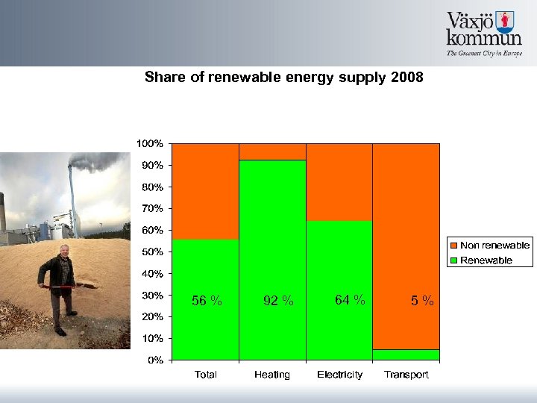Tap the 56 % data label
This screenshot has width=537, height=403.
click(207, 301)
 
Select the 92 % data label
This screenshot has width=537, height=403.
click(279, 301)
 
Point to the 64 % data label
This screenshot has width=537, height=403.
click(350, 300)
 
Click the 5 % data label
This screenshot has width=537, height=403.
click(422, 301)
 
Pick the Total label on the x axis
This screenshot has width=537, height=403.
click(206, 375)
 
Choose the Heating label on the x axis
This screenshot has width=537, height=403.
click(272, 375)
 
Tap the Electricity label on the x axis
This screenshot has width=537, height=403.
click(339, 375)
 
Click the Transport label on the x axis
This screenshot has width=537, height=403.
click(406, 375)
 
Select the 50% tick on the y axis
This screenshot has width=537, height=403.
click(152, 252)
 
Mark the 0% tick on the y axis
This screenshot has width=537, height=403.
click(155, 360)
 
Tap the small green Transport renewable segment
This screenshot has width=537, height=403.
click(406, 354)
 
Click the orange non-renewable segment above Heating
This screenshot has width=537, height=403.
click(272, 151)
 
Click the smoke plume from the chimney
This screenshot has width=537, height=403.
click(97, 162)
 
